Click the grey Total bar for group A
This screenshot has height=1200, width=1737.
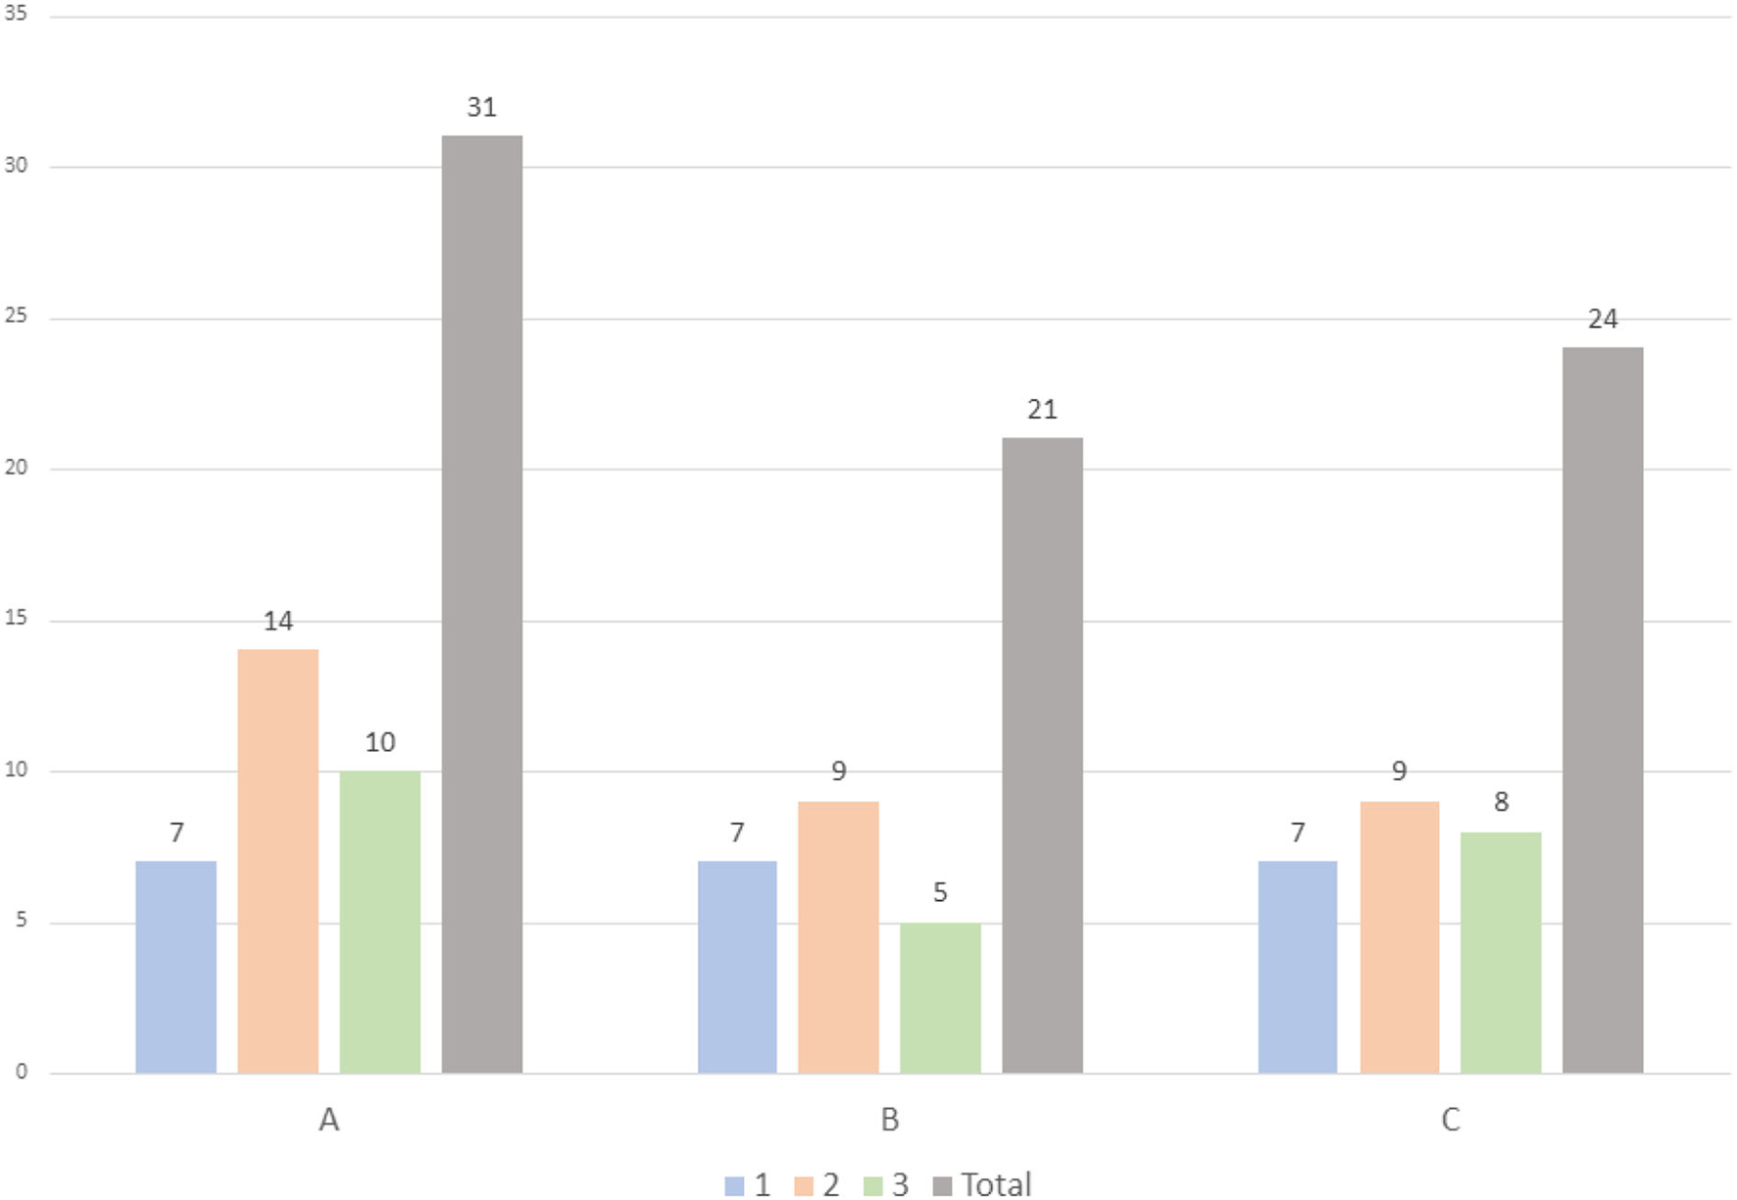click(x=481, y=604)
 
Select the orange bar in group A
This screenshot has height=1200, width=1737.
click(x=277, y=861)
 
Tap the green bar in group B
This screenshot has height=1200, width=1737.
click(x=940, y=997)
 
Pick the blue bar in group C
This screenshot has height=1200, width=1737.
click(x=1297, y=967)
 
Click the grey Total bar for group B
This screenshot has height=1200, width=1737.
click(x=1042, y=755)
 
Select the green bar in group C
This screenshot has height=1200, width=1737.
click(x=1501, y=952)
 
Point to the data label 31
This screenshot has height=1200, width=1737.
click(x=481, y=107)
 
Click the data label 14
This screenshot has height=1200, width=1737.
click(x=277, y=621)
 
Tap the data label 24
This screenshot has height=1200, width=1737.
click(x=1603, y=319)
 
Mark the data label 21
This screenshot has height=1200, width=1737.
click(x=1042, y=409)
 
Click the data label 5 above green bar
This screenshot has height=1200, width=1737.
click(x=940, y=892)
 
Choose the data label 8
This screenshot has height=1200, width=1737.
click(x=1501, y=802)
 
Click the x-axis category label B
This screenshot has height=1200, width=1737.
click(x=889, y=1120)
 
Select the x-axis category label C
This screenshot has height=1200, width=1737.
click(x=1450, y=1120)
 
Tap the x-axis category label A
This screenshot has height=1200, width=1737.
click(x=328, y=1120)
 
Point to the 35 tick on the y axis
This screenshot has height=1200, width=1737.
click(x=16, y=15)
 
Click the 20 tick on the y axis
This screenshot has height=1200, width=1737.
click(x=16, y=468)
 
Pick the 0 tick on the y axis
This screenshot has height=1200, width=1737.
click(x=21, y=1072)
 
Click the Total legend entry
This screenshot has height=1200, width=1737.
click(x=982, y=1184)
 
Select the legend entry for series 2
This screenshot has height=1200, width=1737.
click(x=818, y=1184)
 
